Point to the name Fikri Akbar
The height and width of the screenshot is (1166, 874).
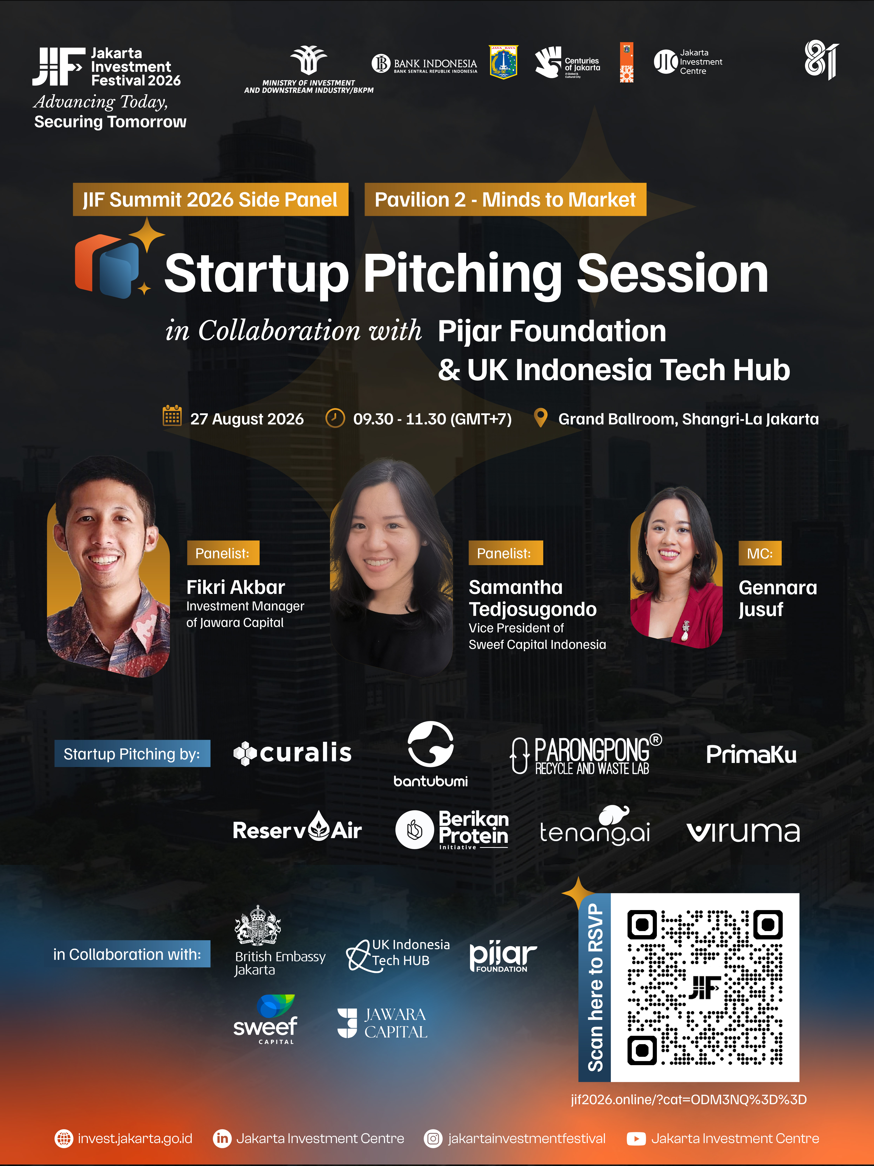(x=235, y=587)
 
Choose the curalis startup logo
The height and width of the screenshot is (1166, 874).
(x=292, y=753)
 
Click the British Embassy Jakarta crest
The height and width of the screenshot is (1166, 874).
(x=258, y=925)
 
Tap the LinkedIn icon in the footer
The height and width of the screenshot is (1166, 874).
(x=222, y=1139)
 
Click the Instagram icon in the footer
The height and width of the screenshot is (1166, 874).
(x=433, y=1139)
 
